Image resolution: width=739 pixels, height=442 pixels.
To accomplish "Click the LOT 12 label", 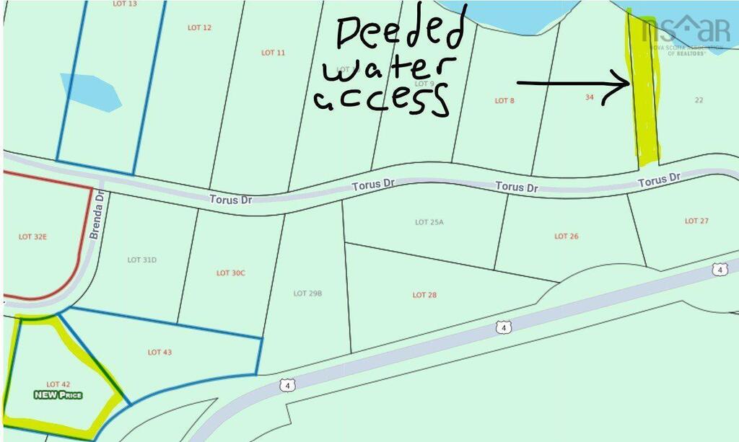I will coord(199,28).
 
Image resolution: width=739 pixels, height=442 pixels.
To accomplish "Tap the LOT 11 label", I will coord(274,53).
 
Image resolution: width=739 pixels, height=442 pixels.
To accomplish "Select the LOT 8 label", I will coord(504,101).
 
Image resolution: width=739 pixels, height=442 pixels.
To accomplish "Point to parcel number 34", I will coord(590,97).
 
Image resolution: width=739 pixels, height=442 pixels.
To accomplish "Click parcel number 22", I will coord(699,100).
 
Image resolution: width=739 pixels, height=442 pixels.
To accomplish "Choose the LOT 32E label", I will coord(32,237).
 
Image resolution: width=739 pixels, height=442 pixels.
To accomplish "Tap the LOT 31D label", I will coord(142,260).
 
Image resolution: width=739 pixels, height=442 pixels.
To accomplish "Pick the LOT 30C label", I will coord(231,273).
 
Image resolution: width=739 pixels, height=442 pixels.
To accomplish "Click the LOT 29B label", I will coord(307,293).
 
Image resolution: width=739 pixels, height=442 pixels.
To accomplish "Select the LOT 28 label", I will coord(424,295).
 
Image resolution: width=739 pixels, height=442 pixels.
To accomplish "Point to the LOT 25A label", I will coord(429,222).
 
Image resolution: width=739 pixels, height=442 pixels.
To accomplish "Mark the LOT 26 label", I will coord(567,237).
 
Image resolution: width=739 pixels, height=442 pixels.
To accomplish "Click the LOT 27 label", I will coord(696,221).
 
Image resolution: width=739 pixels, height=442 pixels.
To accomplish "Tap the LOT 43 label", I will coord(159,353).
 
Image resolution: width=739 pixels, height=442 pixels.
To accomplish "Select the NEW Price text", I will coord(58,395).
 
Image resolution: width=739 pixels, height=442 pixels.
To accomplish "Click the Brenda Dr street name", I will coord(95,215).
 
